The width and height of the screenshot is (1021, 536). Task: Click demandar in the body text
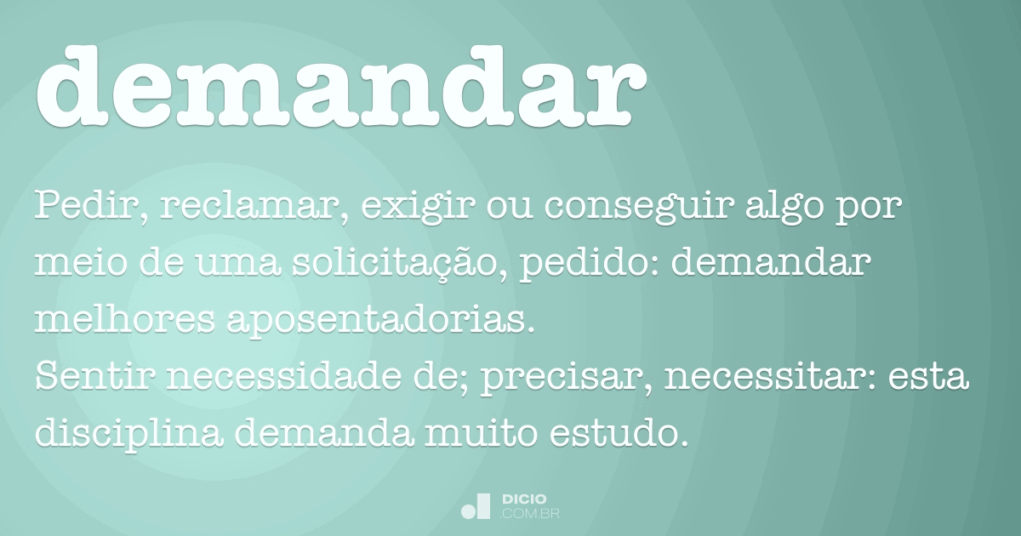(771, 265)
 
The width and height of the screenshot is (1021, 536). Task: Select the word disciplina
(129, 436)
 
